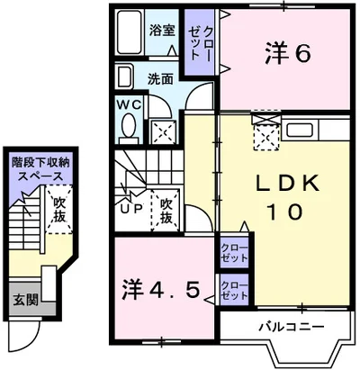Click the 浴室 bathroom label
(162, 31)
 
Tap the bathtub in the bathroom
(130, 32)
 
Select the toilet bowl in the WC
(129, 126)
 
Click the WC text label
(129, 104)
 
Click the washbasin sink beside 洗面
(124, 77)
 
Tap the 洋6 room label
(287, 54)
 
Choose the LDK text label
(287, 184)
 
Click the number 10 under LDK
(286, 212)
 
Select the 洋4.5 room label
(160, 289)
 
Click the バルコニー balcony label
(292, 326)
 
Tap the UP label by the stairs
(131, 209)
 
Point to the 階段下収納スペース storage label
(40, 169)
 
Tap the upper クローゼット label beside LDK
(235, 253)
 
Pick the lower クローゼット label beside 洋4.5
(235, 290)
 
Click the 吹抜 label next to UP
(166, 212)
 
